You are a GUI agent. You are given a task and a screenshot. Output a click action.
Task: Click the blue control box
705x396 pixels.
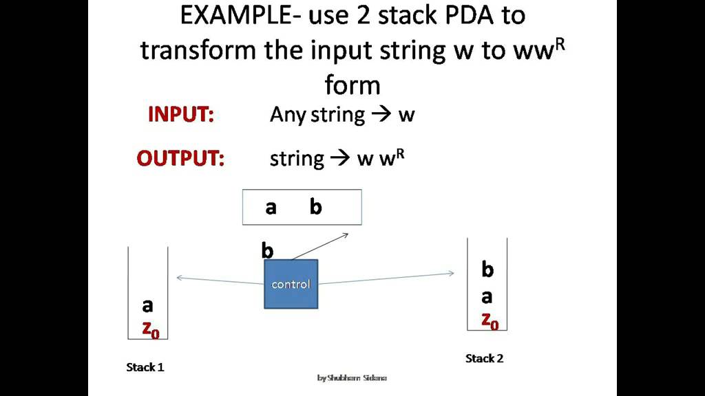point(291,284)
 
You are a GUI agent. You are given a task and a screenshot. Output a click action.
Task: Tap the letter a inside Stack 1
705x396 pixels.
point(147,306)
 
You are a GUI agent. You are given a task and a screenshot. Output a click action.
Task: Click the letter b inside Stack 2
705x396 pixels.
point(487,269)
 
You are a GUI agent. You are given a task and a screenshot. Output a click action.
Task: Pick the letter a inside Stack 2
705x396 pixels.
point(487,297)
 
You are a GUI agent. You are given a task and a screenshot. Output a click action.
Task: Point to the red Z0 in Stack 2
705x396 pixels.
point(490,320)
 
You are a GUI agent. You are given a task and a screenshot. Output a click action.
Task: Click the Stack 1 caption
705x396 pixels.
point(145,367)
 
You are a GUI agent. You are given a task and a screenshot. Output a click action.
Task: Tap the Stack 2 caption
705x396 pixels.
point(485,358)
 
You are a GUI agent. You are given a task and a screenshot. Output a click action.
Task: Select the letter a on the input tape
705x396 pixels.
point(271,207)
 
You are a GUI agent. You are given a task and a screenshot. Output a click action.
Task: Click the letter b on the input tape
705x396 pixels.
point(315,207)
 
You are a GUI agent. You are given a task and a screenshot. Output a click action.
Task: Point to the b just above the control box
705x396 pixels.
point(267,251)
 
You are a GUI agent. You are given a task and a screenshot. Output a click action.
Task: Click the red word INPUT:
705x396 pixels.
point(181,115)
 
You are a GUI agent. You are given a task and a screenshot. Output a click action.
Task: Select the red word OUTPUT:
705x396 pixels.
point(180,159)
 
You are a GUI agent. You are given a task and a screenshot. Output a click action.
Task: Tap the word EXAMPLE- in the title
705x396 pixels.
point(233,16)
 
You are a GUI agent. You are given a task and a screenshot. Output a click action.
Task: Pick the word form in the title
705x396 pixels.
point(352,85)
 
